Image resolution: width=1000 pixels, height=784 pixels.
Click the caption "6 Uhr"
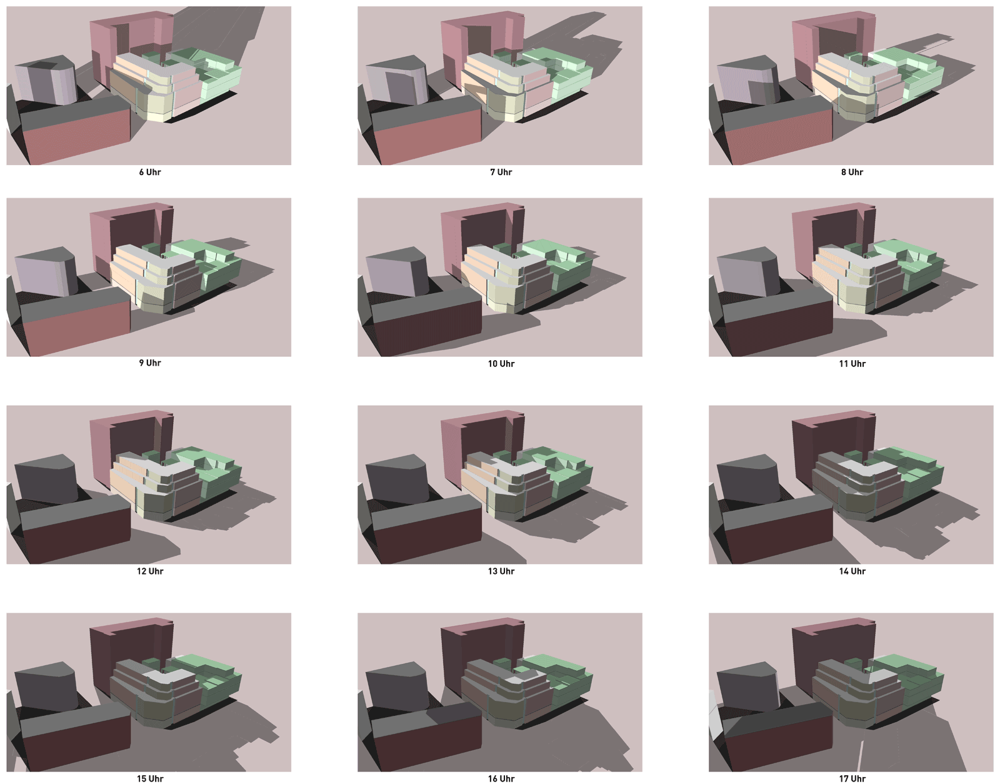click(x=150, y=172)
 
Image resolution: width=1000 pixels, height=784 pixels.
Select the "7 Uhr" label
click(x=501, y=172)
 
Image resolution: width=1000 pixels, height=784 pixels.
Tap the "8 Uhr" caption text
click(x=852, y=172)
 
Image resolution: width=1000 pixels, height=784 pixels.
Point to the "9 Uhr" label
click(x=150, y=363)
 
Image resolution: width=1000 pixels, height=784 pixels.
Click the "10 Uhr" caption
click(x=501, y=364)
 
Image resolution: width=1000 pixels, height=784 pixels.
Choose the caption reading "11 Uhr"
click(x=852, y=364)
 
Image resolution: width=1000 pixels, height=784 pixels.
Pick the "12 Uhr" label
click(x=150, y=571)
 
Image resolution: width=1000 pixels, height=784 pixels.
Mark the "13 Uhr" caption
click(x=501, y=571)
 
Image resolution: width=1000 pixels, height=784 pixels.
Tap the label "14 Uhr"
click(x=852, y=571)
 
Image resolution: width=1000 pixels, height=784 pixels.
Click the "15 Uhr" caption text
click(x=150, y=779)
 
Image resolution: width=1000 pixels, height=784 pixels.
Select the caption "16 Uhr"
click(x=501, y=779)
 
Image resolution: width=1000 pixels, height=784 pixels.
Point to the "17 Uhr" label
click(x=852, y=779)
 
